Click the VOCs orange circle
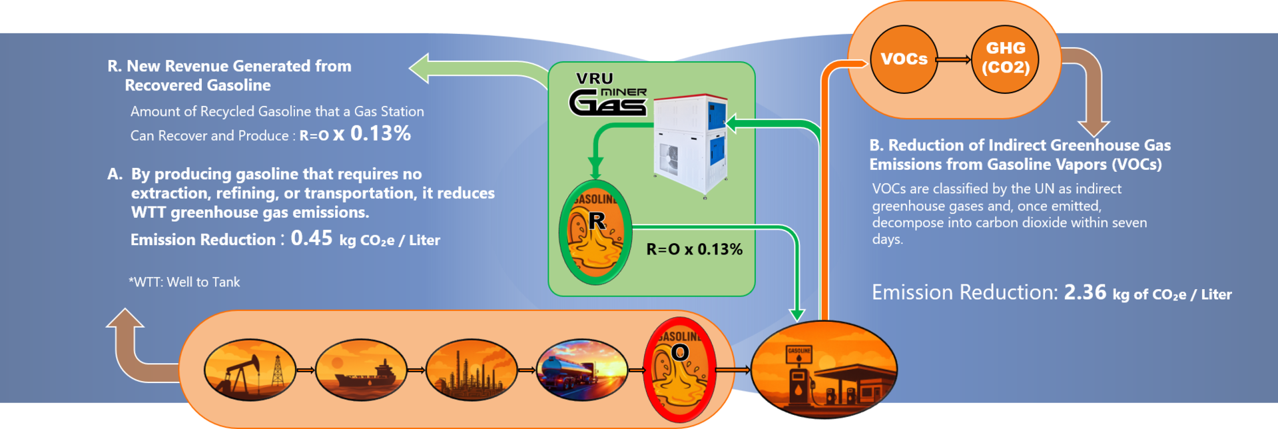[x=904, y=59]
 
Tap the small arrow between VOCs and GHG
[x=954, y=60]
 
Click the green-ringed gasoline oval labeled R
[x=595, y=232]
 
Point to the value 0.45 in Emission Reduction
[x=311, y=238]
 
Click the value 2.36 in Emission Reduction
[x=1085, y=292]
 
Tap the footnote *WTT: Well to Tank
[x=184, y=282]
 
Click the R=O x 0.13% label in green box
[x=694, y=249]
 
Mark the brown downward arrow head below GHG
[x=1093, y=127]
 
